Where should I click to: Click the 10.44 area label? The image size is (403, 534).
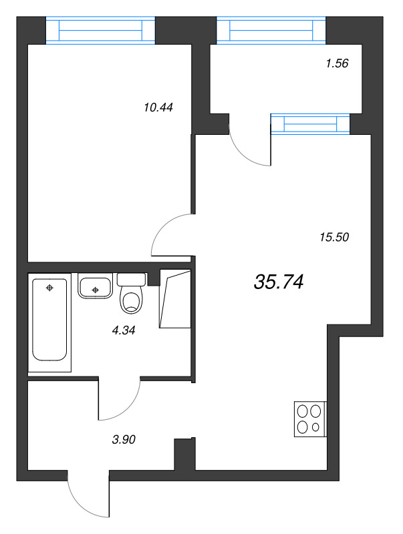(158, 107)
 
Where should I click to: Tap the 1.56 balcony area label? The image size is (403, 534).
(337, 63)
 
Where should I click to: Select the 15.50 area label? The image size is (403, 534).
(334, 237)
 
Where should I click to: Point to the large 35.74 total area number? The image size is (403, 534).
(279, 282)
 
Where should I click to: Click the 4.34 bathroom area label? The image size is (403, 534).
(124, 330)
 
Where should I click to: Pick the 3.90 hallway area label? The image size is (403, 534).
(124, 440)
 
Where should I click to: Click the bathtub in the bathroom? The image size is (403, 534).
(49, 320)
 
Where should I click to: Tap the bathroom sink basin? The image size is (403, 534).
(95, 286)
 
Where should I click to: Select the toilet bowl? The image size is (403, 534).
(130, 300)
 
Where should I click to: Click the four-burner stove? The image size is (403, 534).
(310, 419)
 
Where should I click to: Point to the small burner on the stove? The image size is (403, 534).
(315, 427)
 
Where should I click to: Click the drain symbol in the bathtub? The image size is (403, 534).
(49, 288)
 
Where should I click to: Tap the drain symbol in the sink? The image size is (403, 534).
(96, 290)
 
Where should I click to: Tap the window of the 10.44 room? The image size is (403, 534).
(100, 30)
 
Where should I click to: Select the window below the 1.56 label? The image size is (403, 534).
(311, 124)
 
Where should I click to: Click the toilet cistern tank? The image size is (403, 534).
(131, 279)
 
